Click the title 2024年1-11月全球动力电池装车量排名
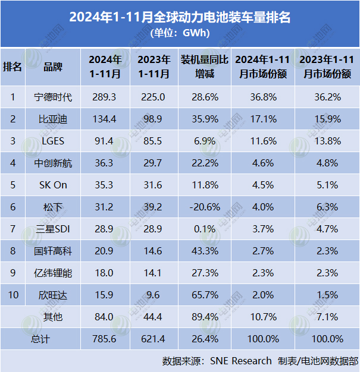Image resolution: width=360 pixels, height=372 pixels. [x=180, y=17]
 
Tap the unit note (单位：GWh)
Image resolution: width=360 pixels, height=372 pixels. [x=180, y=32]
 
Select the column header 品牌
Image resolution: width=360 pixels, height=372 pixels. [x=53, y=67]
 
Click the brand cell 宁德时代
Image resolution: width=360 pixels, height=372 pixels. [x=53, y=97]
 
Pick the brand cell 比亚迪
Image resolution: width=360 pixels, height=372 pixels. [x=53, y=119]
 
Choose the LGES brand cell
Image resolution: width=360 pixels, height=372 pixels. [x=53, y=141]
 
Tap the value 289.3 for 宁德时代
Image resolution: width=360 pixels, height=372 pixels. [x=105, y=97]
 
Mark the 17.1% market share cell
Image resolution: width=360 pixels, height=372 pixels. [x=262, y=119]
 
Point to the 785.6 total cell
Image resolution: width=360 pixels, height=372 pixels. [x=105, y=338]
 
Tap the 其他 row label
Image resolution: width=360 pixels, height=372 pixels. [x=53, y=316]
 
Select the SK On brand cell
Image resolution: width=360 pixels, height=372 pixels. [x=53, y=184]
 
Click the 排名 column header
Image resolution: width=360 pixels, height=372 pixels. [x=12, y=67]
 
